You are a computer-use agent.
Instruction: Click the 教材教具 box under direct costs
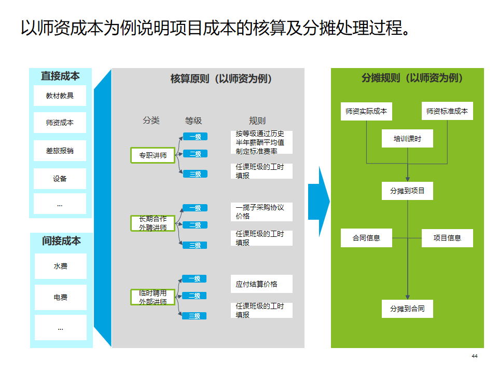coord(60,96)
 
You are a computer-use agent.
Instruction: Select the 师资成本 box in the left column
coord(60,123)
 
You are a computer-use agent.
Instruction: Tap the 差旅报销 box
coord(60,151)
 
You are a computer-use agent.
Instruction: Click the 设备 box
coord(60,179)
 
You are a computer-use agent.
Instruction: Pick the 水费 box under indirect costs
coord(60,266)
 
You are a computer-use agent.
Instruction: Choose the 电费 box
coord(60,298)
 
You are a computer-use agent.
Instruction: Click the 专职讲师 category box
coord(153,155)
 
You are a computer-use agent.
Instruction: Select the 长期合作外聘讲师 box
coord(153,223)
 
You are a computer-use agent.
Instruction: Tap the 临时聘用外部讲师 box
coord(153,297)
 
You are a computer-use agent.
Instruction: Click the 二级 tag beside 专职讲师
coord(195,154)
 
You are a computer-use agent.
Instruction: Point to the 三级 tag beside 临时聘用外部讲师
coord(195,316)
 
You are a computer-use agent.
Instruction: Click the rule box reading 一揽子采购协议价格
coord(261,211)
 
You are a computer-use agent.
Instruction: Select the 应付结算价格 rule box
coord(261,284)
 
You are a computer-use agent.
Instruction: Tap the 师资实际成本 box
coord(366,111)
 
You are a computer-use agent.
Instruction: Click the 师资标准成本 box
coord(447,111)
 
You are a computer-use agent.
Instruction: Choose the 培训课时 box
coord(407,139)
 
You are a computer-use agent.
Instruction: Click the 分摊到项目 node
coord(407,191)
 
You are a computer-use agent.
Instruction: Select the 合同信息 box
coord(366,238)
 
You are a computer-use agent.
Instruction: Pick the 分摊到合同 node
coord(407,309)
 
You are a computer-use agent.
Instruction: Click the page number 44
coord(474,356)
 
